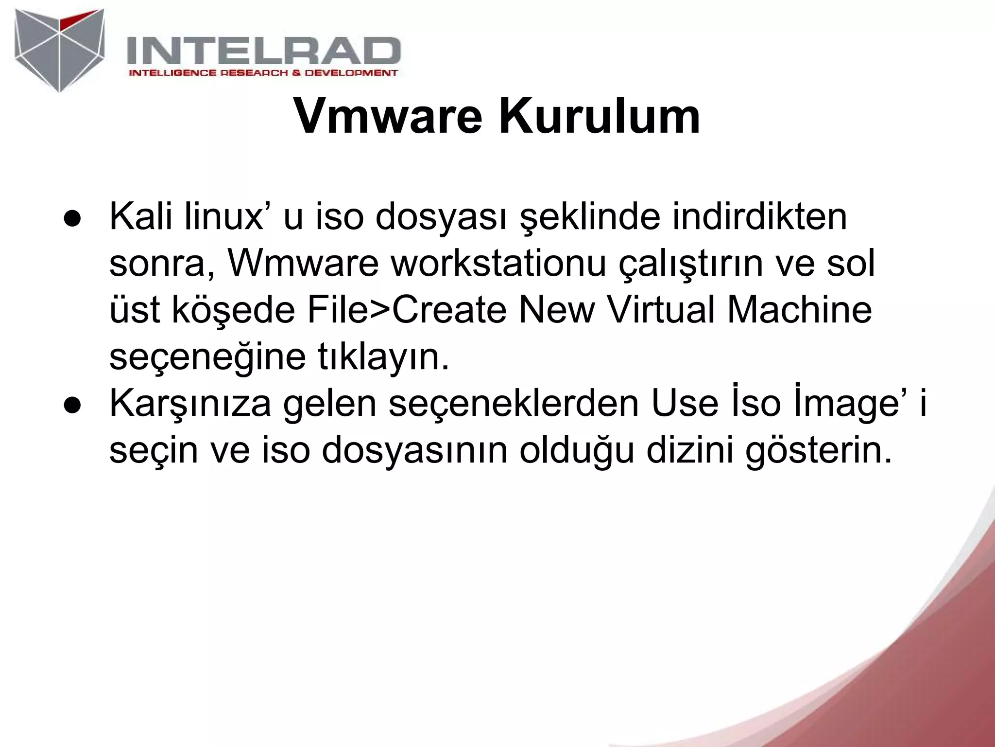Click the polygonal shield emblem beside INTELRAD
pos(59,50)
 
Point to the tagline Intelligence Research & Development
pos(263,73)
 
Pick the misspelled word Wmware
pos(303,264)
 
